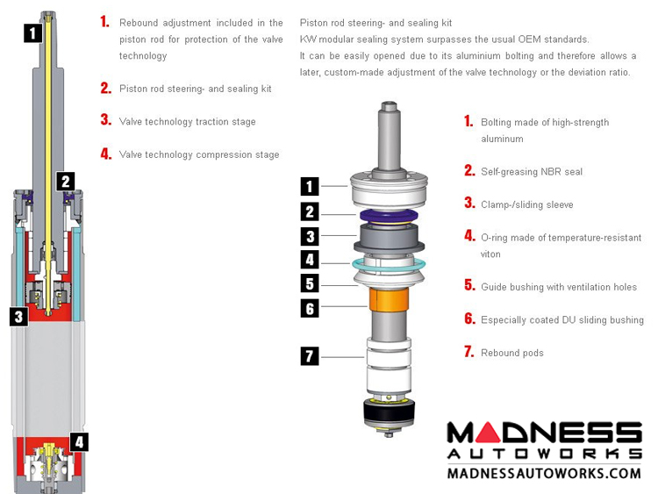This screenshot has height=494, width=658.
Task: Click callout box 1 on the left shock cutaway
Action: [x=33, y=32]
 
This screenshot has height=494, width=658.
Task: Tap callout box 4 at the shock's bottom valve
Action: [x=79, y=442]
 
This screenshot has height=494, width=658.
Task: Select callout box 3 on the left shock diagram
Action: [x=19, y=317]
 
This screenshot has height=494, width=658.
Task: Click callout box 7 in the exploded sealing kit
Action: [x=310, y=356]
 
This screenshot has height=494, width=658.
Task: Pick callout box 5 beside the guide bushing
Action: [x=310, y=283]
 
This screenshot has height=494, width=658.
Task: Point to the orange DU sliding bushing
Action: [x=389, y=300]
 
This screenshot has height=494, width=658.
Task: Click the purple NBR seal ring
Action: [x=389, y=216]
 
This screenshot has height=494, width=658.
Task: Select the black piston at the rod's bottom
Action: [x=389, y=411]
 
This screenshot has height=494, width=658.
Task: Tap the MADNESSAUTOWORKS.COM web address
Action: [x=544, y=474]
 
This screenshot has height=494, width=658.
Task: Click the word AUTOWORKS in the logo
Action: [x=544, y=454]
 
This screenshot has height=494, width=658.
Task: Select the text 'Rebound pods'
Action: [x=512, y=353]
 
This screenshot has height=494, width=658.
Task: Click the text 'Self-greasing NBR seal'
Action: [x=532, y=172]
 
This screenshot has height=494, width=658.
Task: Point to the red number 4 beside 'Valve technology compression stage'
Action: [x=106, y=154]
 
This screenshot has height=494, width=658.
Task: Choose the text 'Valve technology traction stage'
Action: [x=187, y=122]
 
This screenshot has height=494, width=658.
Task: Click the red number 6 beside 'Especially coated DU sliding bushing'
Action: [x=469, y=319]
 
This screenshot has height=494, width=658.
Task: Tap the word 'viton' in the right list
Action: [x=490, y=254]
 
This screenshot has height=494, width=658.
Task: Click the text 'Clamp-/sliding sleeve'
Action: [x=526, y=204]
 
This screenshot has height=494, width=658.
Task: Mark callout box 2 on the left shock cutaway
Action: [x=66, y=182]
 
